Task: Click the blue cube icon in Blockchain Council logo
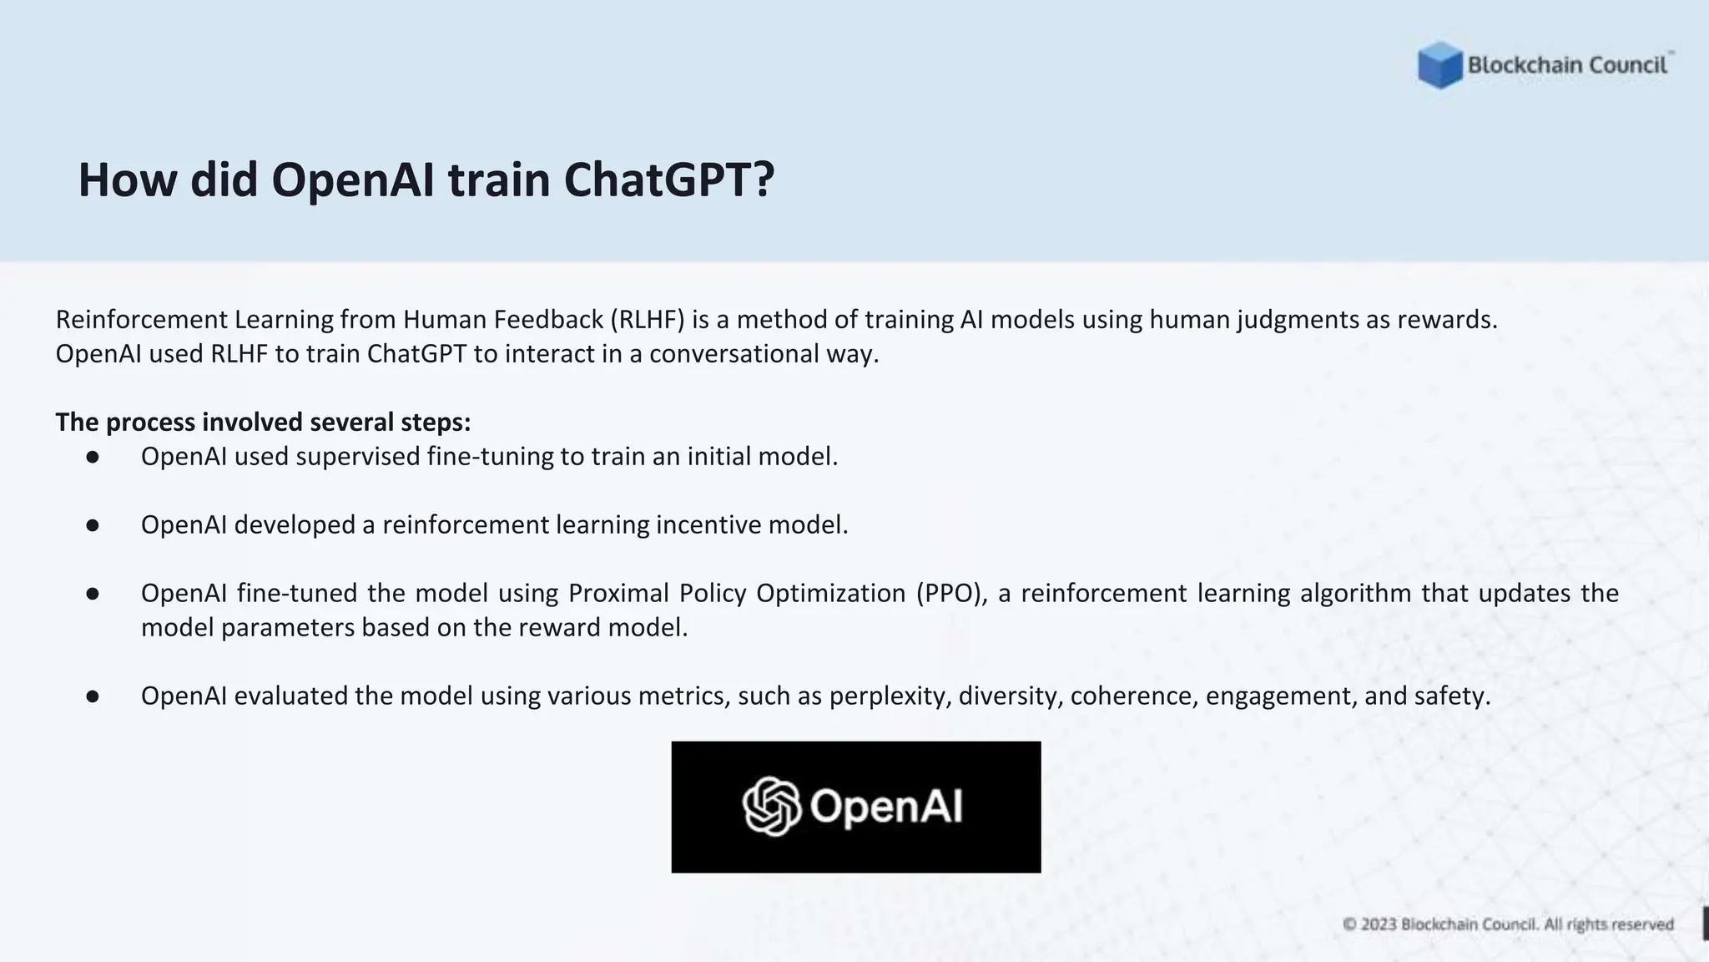tap(1439, 65)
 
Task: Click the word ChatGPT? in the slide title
tap(669, 180)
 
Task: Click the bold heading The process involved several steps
tap(263, 423)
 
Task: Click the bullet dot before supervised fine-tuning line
tap(93, 457)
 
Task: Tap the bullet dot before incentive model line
tap(93, 525)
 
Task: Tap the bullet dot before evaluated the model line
tap(93, 696)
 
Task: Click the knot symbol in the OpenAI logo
tap(771, 807)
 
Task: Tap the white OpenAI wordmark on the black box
tap(885, 807)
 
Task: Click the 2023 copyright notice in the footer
tap(1508, 924)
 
